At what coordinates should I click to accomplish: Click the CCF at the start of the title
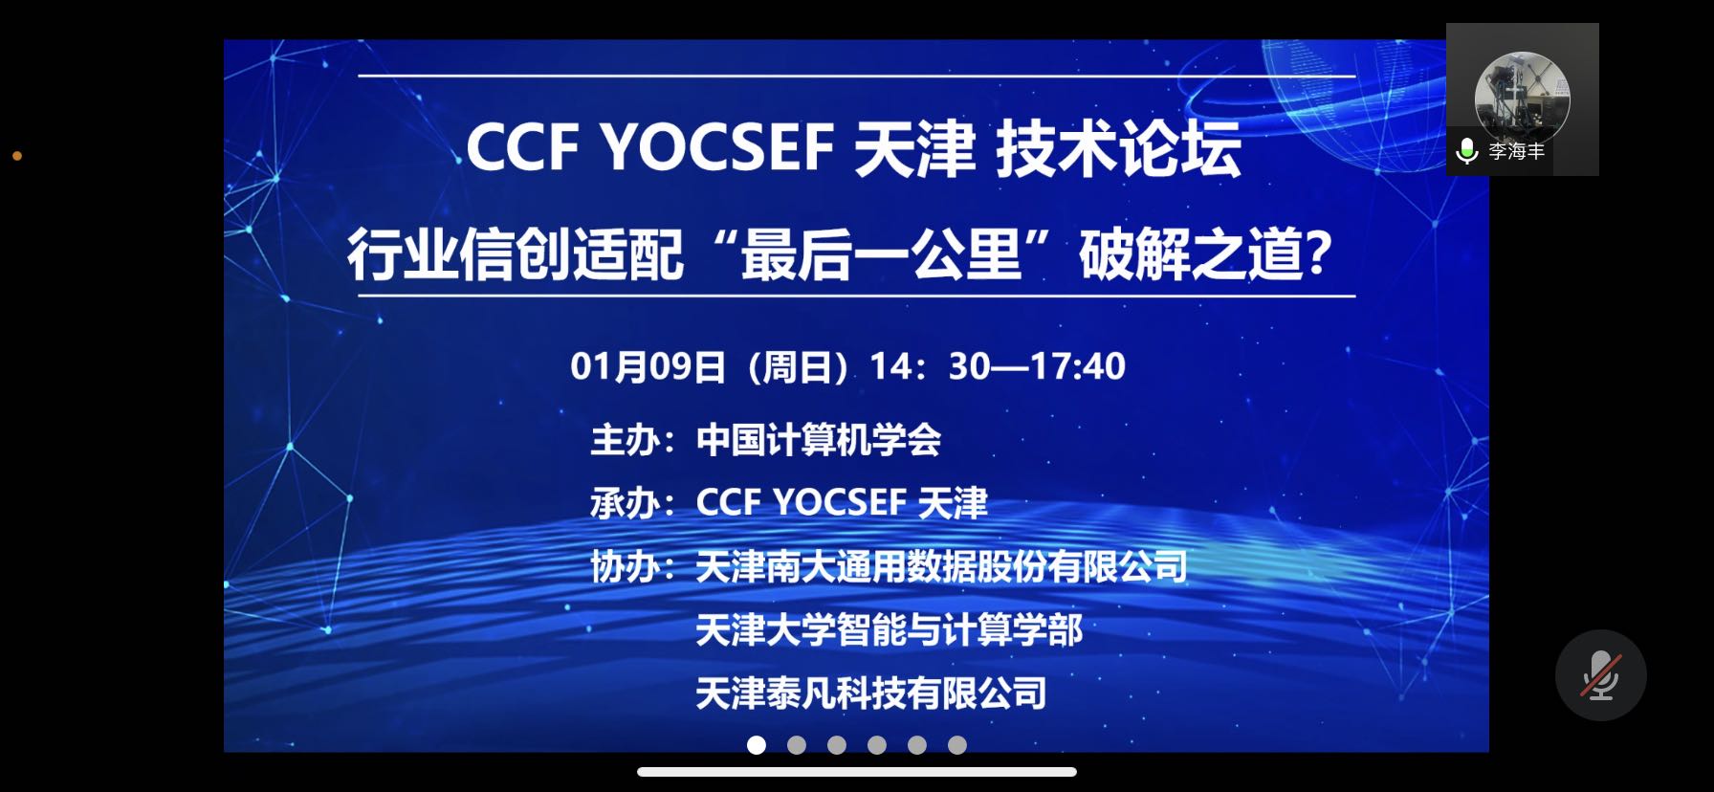[x=523, y=148]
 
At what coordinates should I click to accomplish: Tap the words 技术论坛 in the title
[x=1119, y=149]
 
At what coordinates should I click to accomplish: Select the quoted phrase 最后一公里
[x=882, y=255]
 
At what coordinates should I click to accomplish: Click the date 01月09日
[x=648, y=366]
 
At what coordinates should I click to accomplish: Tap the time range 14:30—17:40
[x=998, y=366]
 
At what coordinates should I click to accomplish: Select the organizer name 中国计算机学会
[x=819, y=440]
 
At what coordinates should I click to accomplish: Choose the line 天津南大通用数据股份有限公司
[x=941, y=567]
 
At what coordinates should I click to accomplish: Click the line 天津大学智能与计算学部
[x=890, y=630]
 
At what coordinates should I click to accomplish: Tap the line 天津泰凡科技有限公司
[x=871, y=693]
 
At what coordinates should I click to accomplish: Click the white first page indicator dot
[x=757, y=745]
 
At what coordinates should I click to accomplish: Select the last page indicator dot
[x=957, y=745]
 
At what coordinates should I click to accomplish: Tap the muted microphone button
[x=1601, y=675]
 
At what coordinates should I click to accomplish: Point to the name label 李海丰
[x=1517, y=152]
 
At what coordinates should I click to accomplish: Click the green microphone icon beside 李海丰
[x=1466, y=152]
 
